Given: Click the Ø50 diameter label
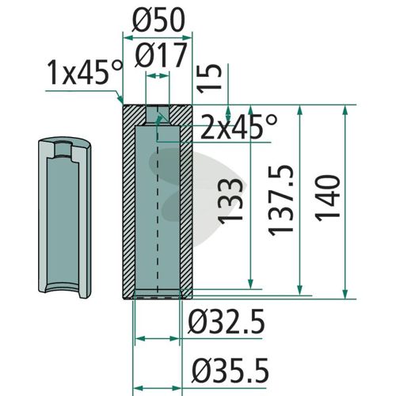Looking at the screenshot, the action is [158, 21].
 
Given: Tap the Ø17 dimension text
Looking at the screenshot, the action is [161, 55].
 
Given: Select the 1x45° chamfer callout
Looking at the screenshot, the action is [85, 72].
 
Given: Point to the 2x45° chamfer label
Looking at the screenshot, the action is [238, 128].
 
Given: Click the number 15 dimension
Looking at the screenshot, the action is [210, 78].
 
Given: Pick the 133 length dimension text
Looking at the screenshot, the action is [230, 201].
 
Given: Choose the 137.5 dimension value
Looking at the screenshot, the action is [280, 200].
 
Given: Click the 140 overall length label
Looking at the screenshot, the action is [327, 198].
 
